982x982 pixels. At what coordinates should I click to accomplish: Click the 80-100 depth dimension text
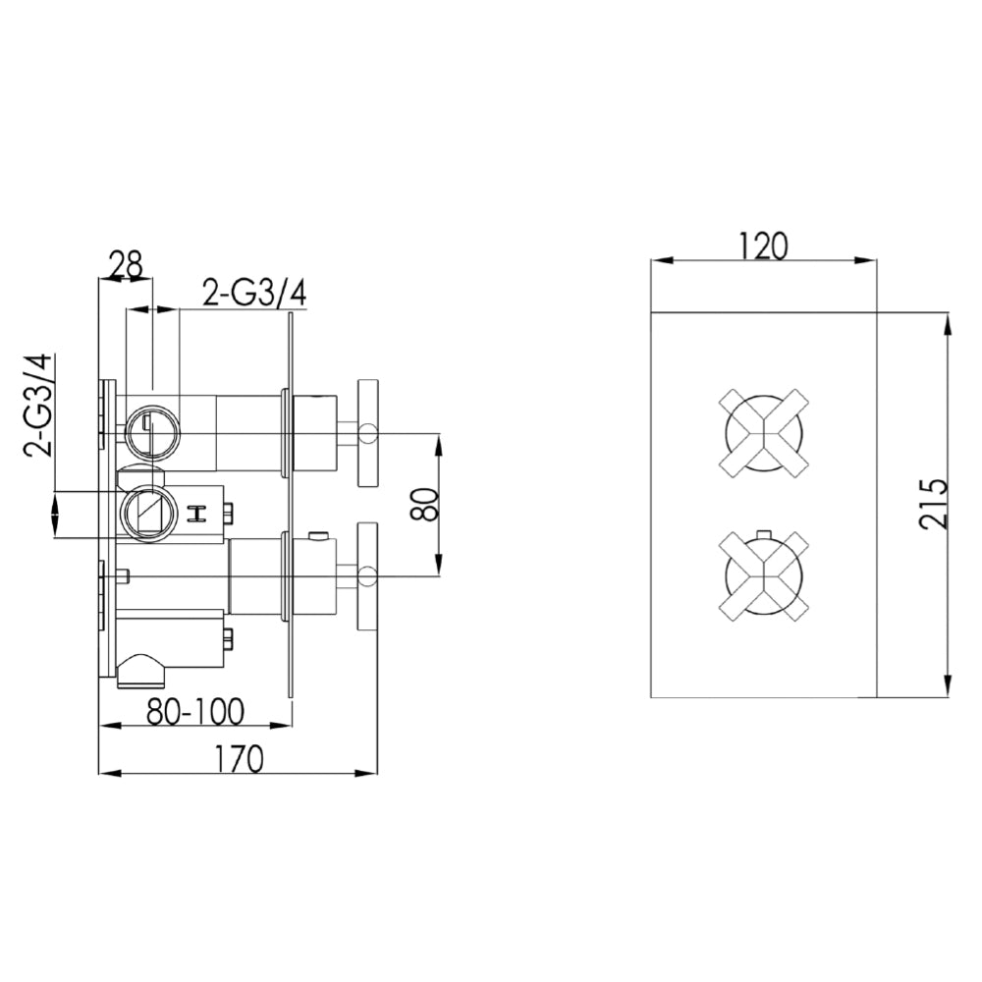coord(195,710)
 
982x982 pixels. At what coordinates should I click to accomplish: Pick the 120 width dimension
coord(765,245)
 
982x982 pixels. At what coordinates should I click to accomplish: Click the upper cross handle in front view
coord(763,432)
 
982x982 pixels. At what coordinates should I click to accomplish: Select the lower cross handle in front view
coord(763,574)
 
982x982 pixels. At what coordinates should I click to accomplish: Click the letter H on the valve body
coord(196,512)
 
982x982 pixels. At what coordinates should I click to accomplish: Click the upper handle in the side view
coord(368,432)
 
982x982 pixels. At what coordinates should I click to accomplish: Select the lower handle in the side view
coord(368,574)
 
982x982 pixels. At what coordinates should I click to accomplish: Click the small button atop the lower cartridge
coord(317,535)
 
